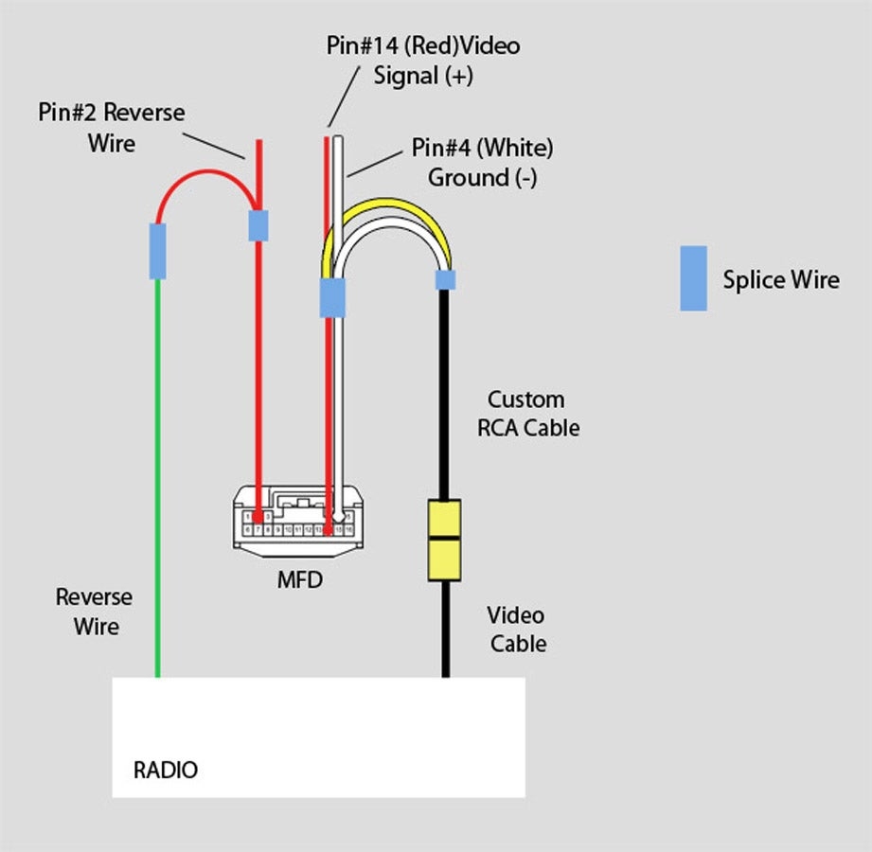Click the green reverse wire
[x=157, y=473]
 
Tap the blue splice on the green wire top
[x=157, y=251]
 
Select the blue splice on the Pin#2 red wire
[x=258, y=225]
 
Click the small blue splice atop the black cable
[x=444, y=279]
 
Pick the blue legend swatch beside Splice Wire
[x=693, y=278]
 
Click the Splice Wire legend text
[x=780, y=280]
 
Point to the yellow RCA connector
[x=444, y=540]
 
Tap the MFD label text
[x=299, y=579]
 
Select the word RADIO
[x=166, y=770]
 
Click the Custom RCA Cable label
[x=527, y=414]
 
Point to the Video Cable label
[x=517, y=630]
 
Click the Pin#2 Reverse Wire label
[x=112, y=128]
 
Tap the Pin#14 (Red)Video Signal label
[x=422, y=61]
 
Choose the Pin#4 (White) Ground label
[x=482, y=162]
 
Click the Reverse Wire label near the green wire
[x=94, y=612]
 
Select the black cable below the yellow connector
[x=444, y=630]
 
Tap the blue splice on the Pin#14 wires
[x=332, y=297]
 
